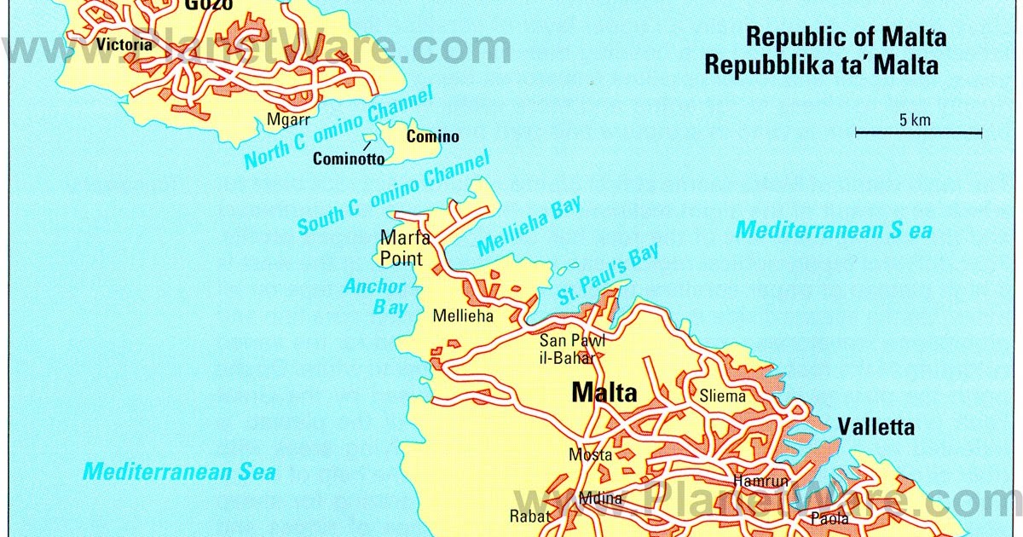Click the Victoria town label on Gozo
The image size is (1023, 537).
click(x=124, y=43)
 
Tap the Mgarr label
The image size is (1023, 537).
click(x=288, y=119)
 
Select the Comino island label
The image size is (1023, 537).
click(x=432, y=136)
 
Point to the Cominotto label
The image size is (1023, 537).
click(x=349, y=159)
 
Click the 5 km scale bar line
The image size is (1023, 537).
click(x=919, y=132)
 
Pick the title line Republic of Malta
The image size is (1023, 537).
click(x=846, y=38)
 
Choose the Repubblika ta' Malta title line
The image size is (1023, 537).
click(x=821, y=65)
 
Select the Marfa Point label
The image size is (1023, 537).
click(x=405, y=247)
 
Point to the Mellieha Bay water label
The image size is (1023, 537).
click(x=529, y=226)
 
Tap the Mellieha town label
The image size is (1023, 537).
click(x=463, y=316)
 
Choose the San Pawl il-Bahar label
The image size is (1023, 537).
click(x=572, y=348)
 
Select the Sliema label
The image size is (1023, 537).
click(x=722, y=396)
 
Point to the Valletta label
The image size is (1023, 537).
click(x=876, y=427)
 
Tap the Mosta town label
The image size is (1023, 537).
click(x=590, y=454)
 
